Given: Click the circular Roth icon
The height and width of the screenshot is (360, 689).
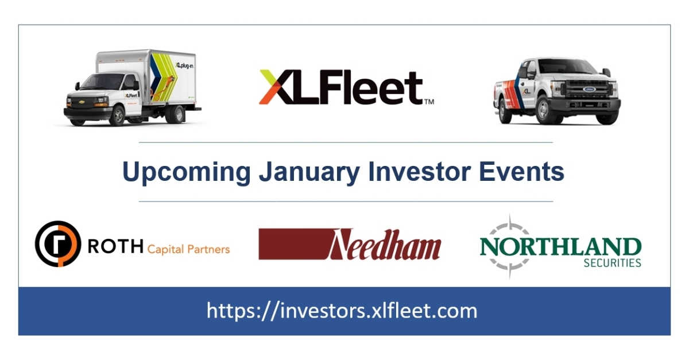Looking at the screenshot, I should pos(57,243).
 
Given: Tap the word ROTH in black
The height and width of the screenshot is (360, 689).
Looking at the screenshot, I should pos(115,247).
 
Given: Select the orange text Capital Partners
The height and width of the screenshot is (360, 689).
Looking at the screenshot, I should pos(188,249).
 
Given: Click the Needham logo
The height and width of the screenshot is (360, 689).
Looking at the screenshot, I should pos(350,244).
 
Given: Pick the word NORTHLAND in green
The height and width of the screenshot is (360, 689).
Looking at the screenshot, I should pos(560,247).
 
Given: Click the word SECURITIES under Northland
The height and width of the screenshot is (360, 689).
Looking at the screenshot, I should pos(612,264).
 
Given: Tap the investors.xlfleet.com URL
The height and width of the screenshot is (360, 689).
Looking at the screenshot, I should pos(342,311).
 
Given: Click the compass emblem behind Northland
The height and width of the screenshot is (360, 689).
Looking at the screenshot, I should pos(509,247).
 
